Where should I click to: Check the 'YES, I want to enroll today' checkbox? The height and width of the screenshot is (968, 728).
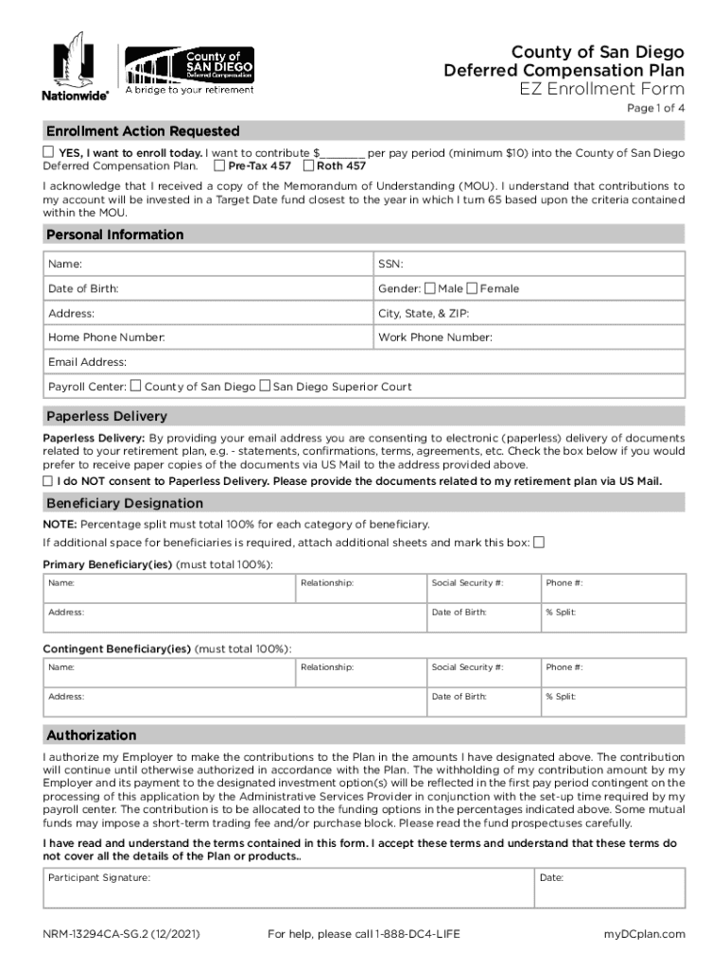point(48,152)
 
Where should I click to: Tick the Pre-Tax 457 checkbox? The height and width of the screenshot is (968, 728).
point(220,165)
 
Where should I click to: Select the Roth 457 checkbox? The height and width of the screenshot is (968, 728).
point(308,165)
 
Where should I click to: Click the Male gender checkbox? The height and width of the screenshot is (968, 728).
point(430,288)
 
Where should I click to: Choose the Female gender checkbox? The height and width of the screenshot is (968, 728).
point(473,288)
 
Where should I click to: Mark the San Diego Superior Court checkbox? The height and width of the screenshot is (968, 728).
point(265,386)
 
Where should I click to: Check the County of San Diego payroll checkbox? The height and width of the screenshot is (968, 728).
point(136,386)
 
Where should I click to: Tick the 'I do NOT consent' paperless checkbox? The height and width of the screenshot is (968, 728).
point(48,481)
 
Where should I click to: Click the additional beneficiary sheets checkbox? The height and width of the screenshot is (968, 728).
point(539,543)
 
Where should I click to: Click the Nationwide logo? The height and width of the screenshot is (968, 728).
point(74,66)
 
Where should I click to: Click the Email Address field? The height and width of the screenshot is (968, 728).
point(364,362)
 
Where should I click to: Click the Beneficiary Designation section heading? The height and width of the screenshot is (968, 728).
point(112,503)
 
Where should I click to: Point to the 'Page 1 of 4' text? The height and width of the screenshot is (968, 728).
point(656,110)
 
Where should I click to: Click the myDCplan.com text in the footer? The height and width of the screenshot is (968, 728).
point(644,935)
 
